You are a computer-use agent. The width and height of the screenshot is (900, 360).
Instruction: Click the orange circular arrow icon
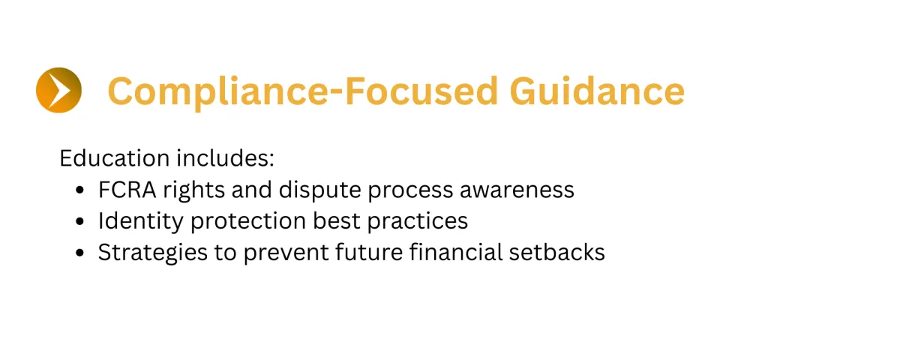[x=58, y=90]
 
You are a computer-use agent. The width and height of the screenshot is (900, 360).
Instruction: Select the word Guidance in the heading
[x=597, y=91]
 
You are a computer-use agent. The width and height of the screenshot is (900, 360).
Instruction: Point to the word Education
[x=115, y=158]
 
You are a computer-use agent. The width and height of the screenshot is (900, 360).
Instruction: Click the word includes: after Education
[x=226, y=158]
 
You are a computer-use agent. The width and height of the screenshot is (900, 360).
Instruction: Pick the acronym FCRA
[x=127, y=190]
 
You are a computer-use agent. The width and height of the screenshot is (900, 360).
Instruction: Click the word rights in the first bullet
[x=193, y=190]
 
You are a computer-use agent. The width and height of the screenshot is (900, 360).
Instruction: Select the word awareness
[x=517, y=190]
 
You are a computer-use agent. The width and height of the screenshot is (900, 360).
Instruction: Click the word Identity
[x=141, y=221]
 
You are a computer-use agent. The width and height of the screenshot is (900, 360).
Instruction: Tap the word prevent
[x=286, y=253]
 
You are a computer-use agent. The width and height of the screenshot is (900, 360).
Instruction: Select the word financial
[x=456, y=252]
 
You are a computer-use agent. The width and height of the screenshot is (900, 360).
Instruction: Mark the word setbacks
[x=557, y=252]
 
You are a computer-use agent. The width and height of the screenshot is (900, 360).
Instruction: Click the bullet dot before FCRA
[x=80, y=190]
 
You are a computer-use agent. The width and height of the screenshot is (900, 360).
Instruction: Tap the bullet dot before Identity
[x=80, y=221]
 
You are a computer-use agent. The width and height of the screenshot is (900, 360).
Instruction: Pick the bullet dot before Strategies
[x=80, y=253]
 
